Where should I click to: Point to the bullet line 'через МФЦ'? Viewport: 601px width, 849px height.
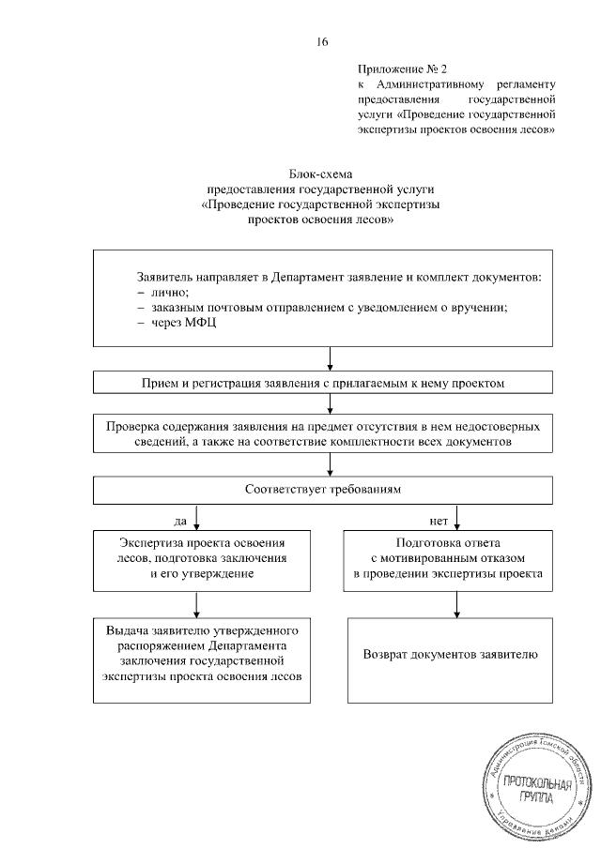[x=175, y=322]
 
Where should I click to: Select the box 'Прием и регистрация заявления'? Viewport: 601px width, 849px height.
[x=328, y=383]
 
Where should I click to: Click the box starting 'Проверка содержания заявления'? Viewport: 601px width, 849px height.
[x=328, y=432]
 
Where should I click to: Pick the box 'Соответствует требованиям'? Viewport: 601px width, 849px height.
[x=328, y=490]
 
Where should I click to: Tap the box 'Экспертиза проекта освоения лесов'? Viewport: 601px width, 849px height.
[x=204, y=559]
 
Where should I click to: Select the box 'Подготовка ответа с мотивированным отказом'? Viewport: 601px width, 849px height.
[x=455, y=559]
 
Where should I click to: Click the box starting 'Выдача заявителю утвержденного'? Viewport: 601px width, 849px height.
[x=204, y=659]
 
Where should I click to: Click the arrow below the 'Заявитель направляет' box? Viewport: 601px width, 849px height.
[x=329, y=358]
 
